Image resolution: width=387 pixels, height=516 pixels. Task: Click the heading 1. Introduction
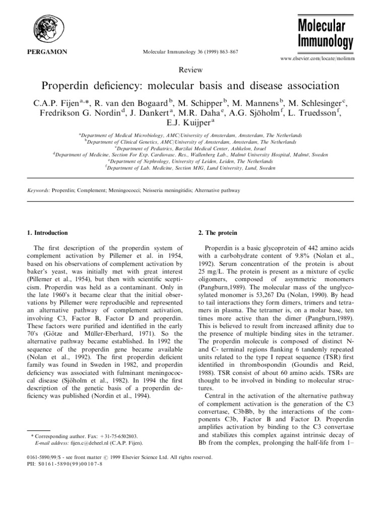tap(47, 233)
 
